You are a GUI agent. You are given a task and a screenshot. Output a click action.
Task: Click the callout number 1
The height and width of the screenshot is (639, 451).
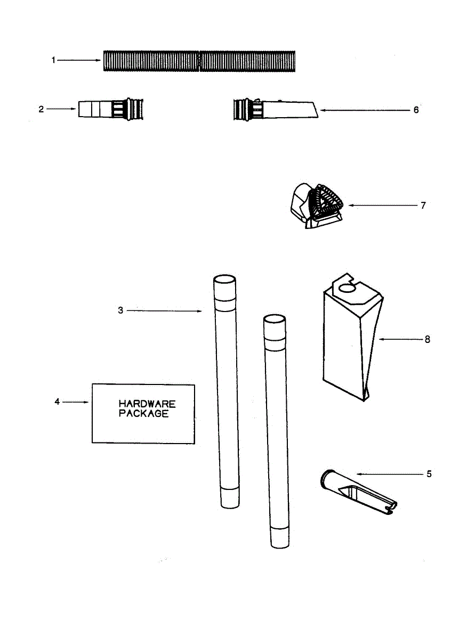point(53,61)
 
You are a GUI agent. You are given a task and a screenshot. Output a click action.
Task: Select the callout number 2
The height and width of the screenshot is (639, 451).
point(41,109)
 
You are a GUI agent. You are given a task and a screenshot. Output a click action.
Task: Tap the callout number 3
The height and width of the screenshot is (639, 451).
point(120,310)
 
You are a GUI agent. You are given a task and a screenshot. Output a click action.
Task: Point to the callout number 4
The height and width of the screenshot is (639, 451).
point(57,402)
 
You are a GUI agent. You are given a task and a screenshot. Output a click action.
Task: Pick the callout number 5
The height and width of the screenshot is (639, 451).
point(429,473)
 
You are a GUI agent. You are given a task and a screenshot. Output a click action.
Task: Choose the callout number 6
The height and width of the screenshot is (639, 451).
point(416,110)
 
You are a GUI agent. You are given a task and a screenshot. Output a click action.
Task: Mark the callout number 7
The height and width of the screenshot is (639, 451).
point(423,205)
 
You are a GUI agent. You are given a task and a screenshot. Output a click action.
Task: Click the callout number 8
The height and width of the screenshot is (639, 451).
point(427,339)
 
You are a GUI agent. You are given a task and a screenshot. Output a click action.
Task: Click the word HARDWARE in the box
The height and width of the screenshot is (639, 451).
point(147,404)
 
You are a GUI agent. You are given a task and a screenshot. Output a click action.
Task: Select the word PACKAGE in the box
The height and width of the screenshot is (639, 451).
point(143,414)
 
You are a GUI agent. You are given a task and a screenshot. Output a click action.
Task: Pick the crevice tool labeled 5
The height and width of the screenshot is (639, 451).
point(357,493)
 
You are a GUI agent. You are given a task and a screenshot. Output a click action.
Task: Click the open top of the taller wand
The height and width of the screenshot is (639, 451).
point(224,281)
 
